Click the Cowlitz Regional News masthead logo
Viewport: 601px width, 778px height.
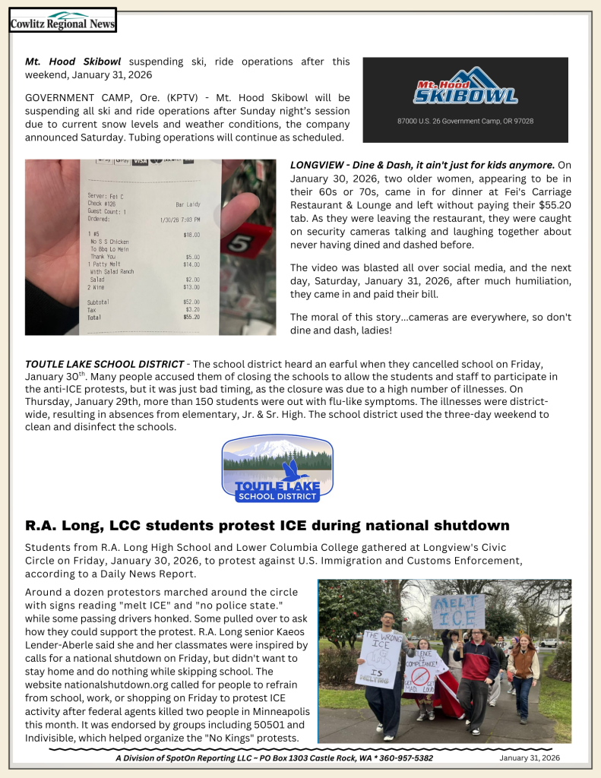click(62, 21)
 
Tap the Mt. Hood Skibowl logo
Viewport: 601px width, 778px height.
click(465, 87)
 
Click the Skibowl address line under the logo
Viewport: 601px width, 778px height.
click(465, 121)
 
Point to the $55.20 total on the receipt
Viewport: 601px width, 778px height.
click(192, 317)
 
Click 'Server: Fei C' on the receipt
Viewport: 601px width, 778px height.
click(107, 196)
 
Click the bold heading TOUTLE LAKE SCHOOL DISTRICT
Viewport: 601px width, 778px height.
click(105, 364)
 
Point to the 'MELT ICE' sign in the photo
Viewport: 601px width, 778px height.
click(457, 612)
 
